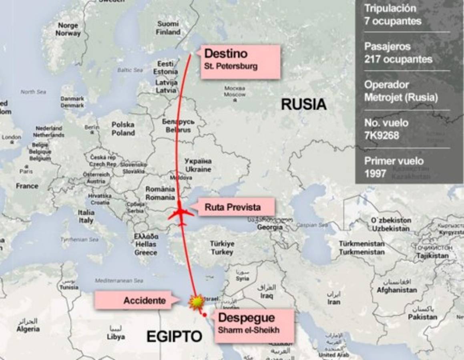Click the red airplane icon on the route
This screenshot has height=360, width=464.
tap(181, 214)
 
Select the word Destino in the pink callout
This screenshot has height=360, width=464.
tap(226, 54)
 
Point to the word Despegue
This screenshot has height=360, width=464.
tap(246, 318)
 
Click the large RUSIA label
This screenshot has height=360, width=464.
tap(303, 104)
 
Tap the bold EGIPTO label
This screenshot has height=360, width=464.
tap(174, 337)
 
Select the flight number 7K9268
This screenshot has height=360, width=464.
tap(382, 136)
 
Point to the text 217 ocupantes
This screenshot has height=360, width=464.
tap(398, 59)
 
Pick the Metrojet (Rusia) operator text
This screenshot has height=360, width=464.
tap(401, 97)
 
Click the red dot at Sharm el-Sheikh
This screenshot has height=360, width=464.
tap(205, 315)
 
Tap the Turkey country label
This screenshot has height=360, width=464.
tap(222, 252)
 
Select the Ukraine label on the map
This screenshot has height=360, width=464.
tap(198, 169)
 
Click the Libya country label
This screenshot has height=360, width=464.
tap(116, 337)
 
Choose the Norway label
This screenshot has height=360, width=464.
tap(68, 34)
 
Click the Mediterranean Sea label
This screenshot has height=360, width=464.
tap(119, 280)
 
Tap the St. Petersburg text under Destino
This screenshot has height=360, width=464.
tap(231, 66)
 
